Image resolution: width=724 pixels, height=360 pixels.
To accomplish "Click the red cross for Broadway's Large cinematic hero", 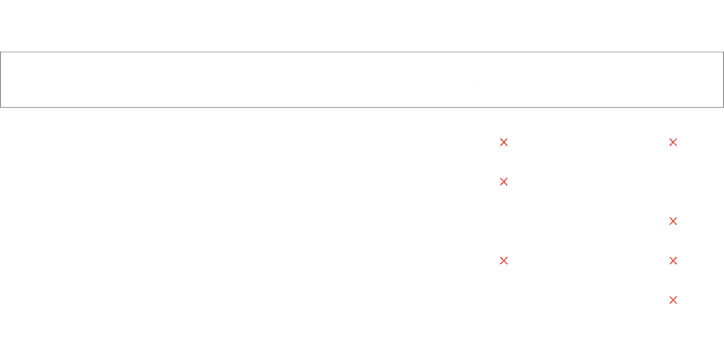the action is [x=673, y=143].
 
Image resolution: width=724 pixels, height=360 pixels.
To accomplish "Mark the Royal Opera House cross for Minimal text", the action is [x=503, y=182].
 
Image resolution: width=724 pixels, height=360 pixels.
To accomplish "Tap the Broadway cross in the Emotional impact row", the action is [x=673, y=260].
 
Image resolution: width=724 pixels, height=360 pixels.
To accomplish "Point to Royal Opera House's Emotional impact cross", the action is [x=503, y=260].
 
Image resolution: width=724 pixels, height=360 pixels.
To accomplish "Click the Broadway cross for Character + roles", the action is [x=673, y=300].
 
